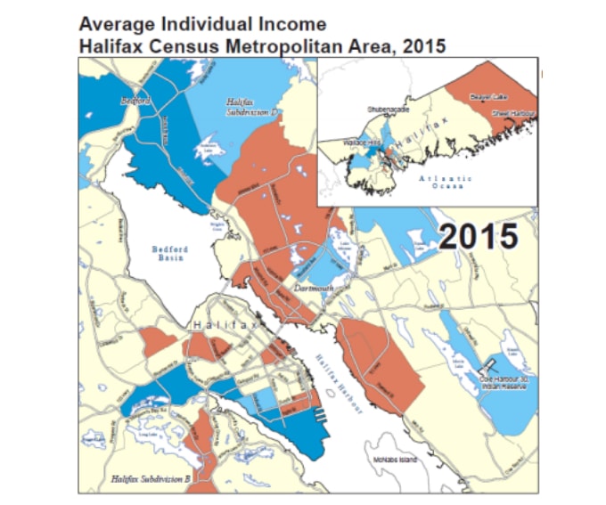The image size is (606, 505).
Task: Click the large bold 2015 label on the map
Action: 479,235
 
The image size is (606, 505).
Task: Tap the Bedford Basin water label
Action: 169,254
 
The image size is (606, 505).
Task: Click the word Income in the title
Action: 284,24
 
